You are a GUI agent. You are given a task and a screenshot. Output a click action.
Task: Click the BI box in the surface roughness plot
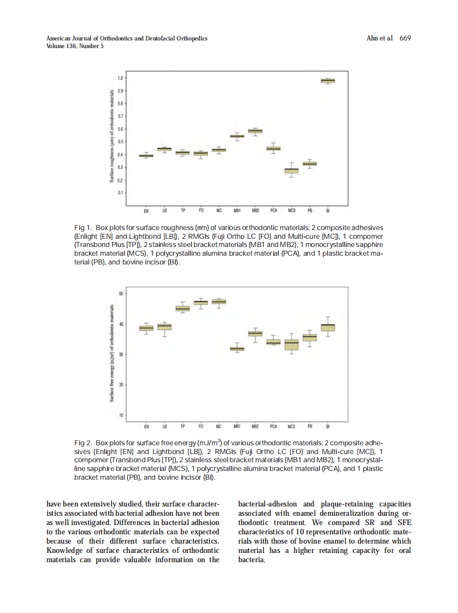(327, 81)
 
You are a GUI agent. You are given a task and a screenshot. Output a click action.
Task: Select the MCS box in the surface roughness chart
(291, 171)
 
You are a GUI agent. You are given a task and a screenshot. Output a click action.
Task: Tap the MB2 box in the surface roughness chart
(255, 131)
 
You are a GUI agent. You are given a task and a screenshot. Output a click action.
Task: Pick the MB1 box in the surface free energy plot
(237, 349)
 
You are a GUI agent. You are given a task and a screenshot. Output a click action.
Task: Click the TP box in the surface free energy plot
(183, 309)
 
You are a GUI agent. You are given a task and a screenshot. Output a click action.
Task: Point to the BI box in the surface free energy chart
(328, 327)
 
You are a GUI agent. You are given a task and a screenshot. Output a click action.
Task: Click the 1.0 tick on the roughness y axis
(120, 78)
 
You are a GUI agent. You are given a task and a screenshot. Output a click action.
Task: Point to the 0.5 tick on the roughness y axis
(120, 142)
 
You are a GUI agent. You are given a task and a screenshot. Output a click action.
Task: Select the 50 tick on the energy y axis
(120, 294)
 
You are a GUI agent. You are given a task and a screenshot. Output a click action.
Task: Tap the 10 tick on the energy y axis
(120, 415)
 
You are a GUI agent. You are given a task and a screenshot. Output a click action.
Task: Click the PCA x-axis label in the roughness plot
(273, 210)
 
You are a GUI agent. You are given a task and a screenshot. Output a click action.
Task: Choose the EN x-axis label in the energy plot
(146, 427)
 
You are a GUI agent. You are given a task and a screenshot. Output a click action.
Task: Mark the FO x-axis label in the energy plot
(201, 427)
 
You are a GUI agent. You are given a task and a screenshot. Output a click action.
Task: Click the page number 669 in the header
(405, 38)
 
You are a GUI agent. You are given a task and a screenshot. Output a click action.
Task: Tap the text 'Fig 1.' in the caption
(83, 227)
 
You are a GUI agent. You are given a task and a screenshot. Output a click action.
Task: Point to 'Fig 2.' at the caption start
(83, 442)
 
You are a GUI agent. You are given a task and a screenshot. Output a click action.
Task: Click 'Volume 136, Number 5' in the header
(75, 46)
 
